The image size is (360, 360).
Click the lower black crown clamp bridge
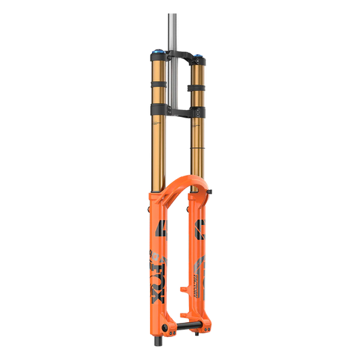pos(177,109)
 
